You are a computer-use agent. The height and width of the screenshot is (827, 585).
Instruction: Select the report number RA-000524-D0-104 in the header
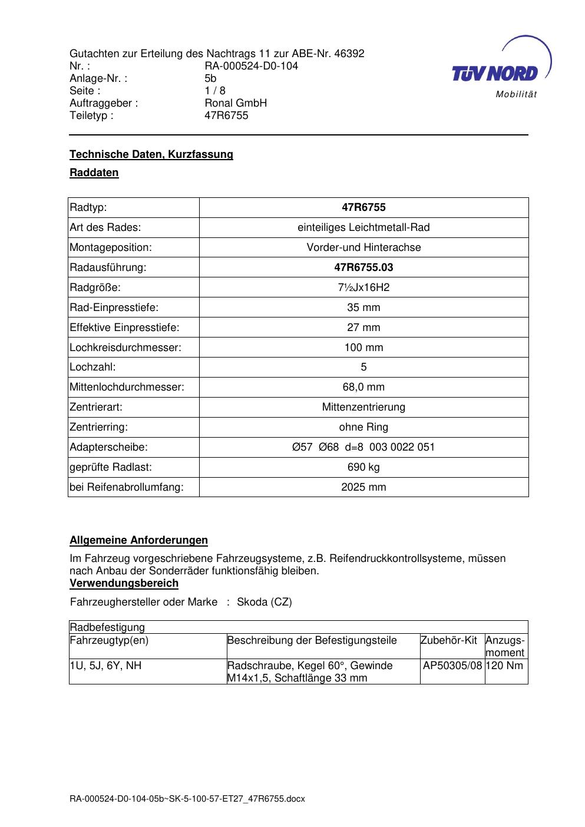pos(251,66)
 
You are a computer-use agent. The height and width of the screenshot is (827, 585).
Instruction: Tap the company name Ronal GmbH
pos(236,103)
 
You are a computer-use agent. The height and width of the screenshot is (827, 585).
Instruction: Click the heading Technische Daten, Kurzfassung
pos(151,154)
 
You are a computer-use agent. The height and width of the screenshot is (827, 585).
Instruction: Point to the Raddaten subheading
pos(94,173)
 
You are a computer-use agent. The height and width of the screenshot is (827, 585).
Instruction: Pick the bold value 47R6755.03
pos(363,267)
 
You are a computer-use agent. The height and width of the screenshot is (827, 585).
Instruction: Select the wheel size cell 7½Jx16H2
pos(363,287)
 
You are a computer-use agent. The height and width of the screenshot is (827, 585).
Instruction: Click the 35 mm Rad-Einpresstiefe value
pos(363,307)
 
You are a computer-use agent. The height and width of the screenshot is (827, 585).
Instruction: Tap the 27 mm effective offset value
pos(363,328)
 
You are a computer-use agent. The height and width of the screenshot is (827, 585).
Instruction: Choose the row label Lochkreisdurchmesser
pos(125,348)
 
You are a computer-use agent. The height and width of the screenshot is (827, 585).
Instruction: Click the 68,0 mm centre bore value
pos(363,387)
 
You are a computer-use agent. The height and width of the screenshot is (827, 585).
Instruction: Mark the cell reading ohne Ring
pos(363,427)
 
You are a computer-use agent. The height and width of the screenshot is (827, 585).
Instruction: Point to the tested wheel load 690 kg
pos(363,467)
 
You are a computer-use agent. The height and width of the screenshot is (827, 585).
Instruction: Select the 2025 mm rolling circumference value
pos(363,487)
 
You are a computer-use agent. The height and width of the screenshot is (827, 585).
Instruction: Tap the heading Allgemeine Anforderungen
pos(138,540)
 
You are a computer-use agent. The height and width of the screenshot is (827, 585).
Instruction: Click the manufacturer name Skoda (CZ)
pos(264,602)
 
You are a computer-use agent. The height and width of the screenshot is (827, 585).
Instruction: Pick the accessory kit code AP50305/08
pos(452,666)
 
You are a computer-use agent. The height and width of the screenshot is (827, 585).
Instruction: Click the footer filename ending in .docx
pos(187,799)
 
